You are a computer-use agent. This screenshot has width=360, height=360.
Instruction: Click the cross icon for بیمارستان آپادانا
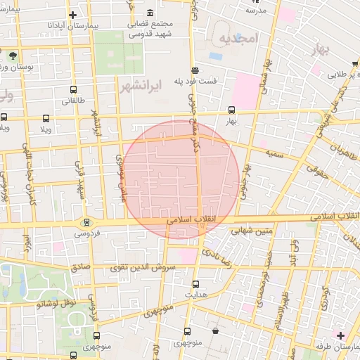72,15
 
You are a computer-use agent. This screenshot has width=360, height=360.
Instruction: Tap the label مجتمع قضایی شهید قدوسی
152,28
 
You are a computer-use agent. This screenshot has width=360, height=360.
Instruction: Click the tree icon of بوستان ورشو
12,54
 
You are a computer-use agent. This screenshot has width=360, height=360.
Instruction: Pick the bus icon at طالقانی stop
74,89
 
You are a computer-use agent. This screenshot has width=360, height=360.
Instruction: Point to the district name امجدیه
238,37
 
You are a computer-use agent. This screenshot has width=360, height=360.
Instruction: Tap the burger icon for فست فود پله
195,70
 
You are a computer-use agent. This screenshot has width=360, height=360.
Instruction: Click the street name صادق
79,268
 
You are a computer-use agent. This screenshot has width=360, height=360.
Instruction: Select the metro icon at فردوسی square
86,222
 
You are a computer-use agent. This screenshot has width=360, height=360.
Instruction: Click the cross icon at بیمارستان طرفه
340,335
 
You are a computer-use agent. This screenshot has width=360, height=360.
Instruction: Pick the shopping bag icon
214,330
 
